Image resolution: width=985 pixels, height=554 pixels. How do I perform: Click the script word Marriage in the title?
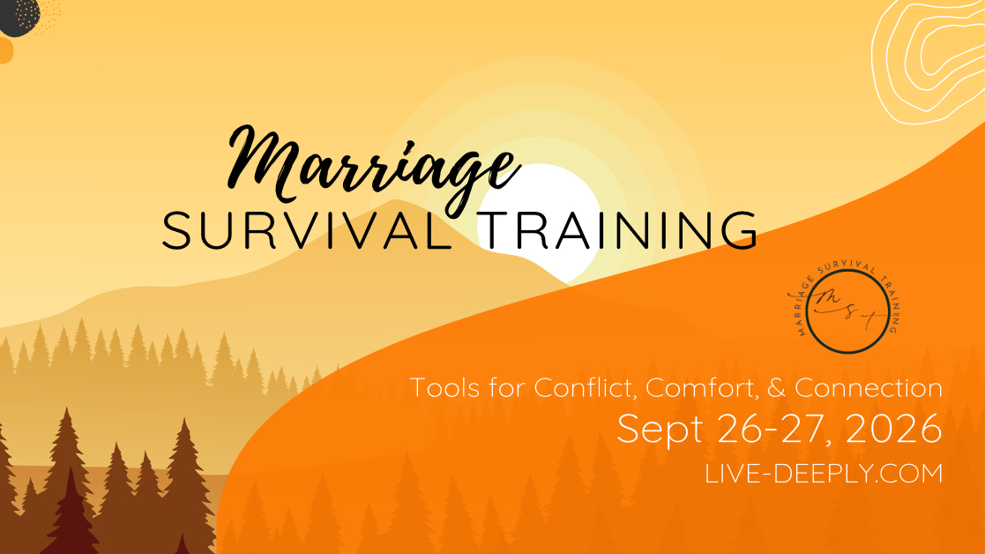coord(373,166)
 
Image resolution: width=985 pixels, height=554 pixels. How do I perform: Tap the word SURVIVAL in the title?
coord(307,230)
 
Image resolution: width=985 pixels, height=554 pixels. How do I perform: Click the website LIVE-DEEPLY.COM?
coord(824,474)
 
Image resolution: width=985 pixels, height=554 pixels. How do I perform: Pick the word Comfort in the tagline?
coord(703,387)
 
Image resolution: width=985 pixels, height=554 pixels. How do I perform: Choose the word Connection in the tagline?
coord(869,387)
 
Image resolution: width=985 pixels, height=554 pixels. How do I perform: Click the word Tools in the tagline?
coord(440,387)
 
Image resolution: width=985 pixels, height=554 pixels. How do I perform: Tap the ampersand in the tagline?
coord(777,387)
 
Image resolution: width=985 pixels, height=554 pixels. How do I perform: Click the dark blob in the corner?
coord(18,15)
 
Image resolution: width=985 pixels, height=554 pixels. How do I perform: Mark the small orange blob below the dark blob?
coord(5,50)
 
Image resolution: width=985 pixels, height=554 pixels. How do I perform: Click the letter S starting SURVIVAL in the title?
coord(175,230)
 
